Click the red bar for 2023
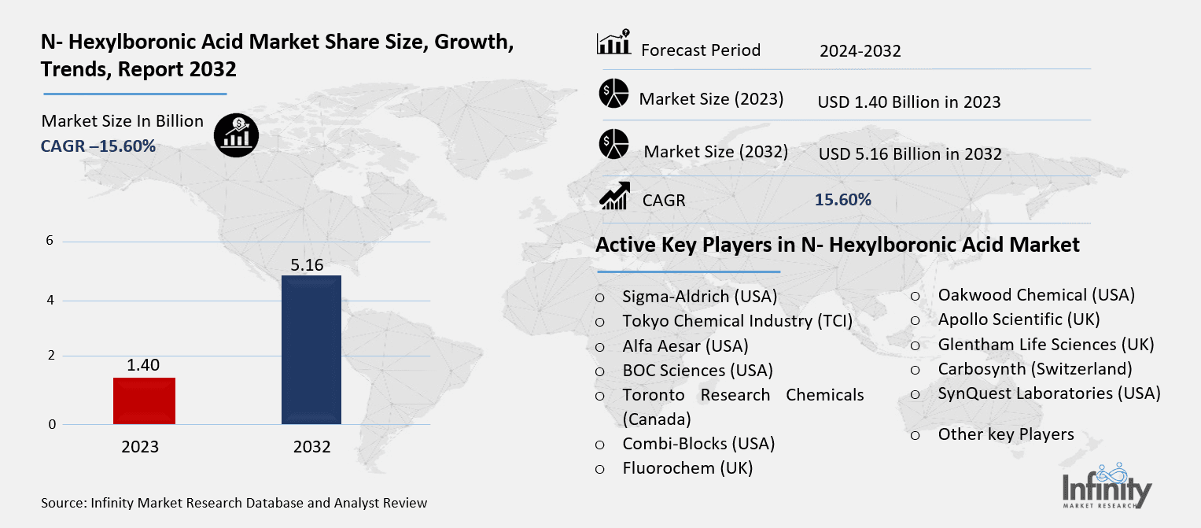click(x=144, y=401)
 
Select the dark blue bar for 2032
click(x=311, y=349)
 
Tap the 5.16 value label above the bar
click(x=307, y=264)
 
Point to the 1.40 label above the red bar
click(x=143, y=364)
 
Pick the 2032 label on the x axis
click(x=312, y=447)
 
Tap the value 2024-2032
click(x=860, y=51)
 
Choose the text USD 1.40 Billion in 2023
click(x=908, y=102)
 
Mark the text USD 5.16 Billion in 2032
click(x=909, y=153)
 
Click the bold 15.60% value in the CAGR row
click(x=842, y=200)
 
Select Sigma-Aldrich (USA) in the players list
click(x=699, y=297)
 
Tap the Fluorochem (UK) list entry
click(x=687, y=468)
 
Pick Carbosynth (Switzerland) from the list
click(x=1034, y=368)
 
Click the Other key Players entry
click(x=1005, y=434)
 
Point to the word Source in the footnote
click(x=64, y=502)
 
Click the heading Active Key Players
click(x=837, y=245)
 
